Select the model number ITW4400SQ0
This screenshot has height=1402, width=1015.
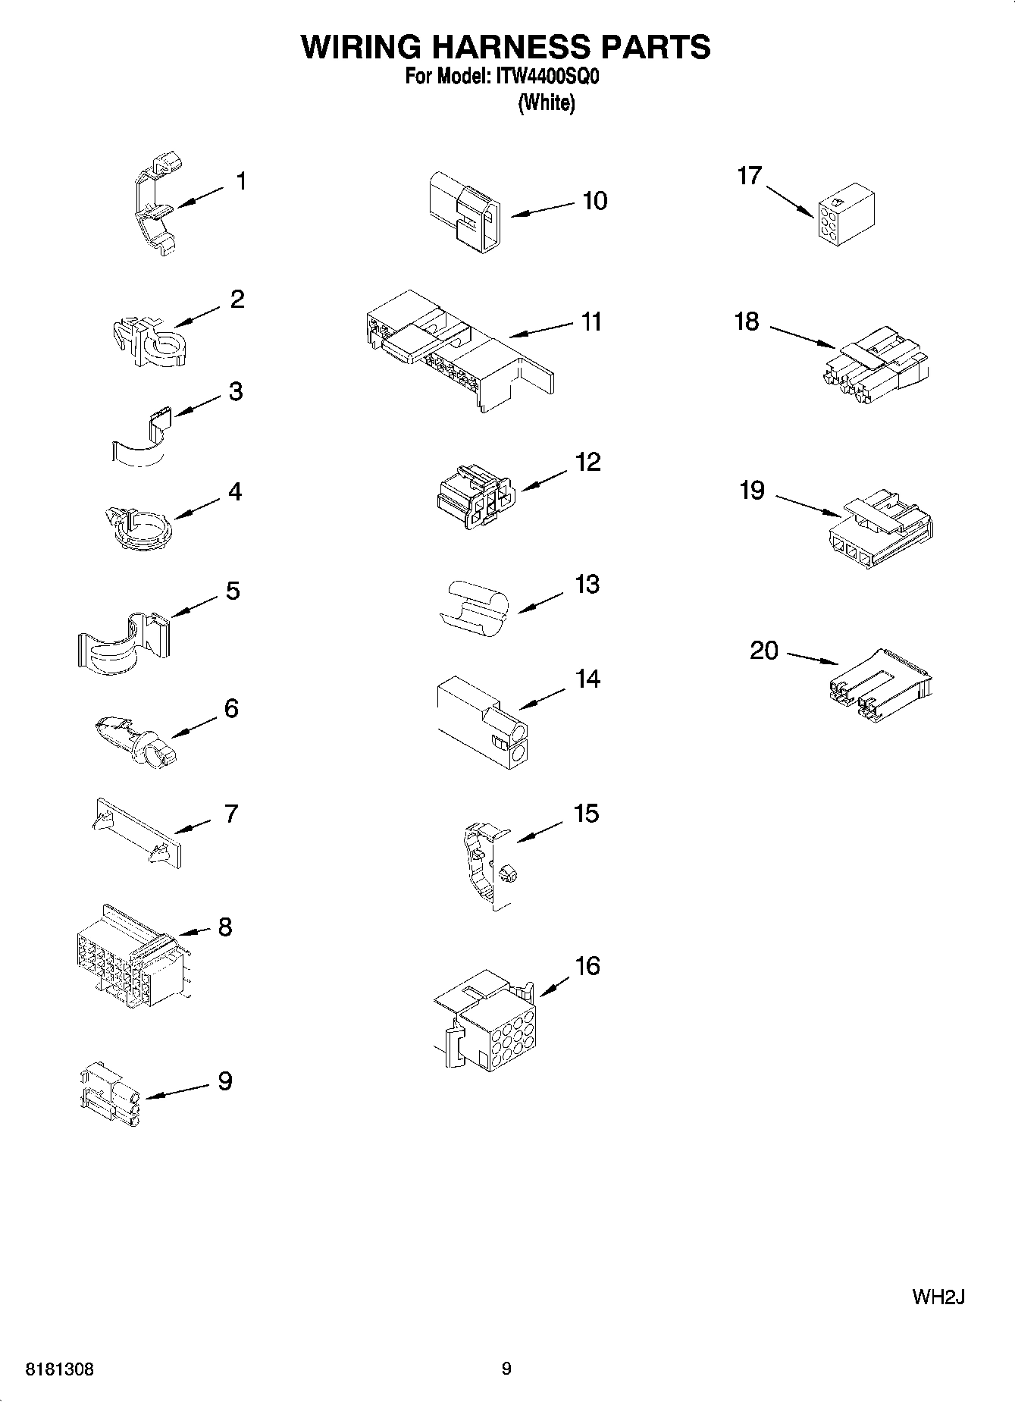(x=547, y=78)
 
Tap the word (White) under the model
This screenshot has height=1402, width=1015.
(x=546, y=103)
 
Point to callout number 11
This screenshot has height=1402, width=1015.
(x=591, y=321)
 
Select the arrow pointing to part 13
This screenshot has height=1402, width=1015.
(x=540, y=603)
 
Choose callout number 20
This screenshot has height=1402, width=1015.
(x=763, y=650)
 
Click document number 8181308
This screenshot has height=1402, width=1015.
(x=61, y=1369)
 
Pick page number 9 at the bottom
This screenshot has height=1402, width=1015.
(x=506, y=1369)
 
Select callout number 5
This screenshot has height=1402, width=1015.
(x=233, y=590)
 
